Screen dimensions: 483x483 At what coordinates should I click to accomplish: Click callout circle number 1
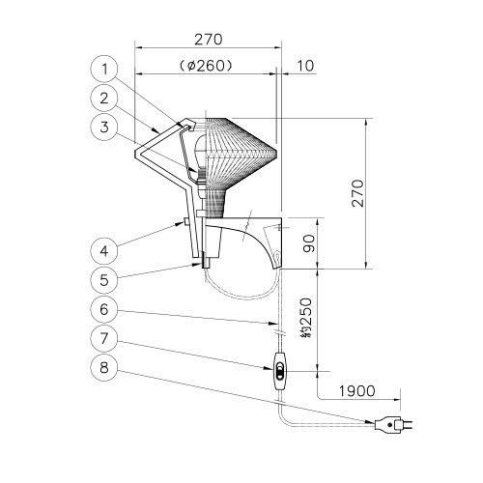[x=104, y=69]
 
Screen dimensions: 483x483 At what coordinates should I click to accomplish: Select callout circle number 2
[x=104, y=98]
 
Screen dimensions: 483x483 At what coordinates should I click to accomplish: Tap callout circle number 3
[x=104, y=127]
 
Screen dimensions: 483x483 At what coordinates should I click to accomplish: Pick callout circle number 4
[x=104, y=251]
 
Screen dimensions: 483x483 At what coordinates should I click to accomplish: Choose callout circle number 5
[x=104, y=280]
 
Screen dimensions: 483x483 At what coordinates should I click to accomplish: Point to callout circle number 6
[x=104, y=309]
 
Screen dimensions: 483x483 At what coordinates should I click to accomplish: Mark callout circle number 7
[x=104, y=338]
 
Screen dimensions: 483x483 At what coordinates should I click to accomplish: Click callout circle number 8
[x=104, y=367]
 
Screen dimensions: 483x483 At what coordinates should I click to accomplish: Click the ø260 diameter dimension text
[x=206, y=66]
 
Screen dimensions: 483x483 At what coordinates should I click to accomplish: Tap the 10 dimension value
[x=304, y=66]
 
